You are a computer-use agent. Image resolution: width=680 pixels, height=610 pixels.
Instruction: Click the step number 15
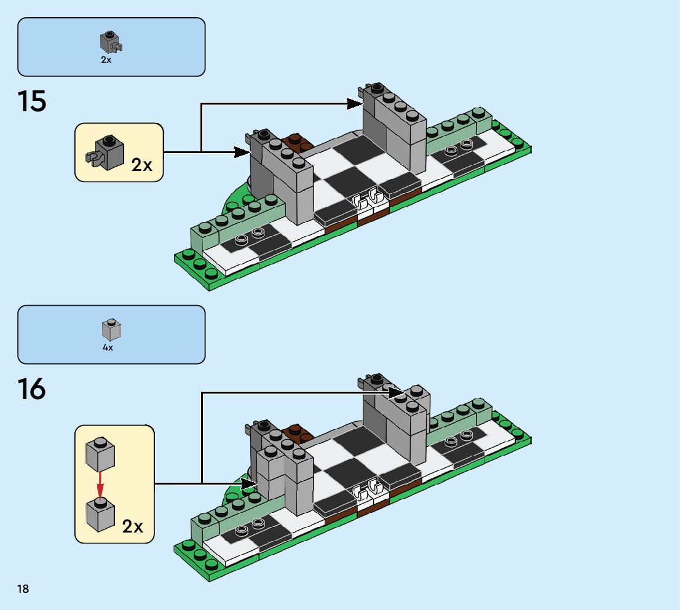pos(32,101)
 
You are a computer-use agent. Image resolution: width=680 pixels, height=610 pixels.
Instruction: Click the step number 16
pos(32,389)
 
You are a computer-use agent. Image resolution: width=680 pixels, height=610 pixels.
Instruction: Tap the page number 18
pos(23,589)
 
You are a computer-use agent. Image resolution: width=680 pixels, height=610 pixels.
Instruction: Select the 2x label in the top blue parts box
pos(106,60)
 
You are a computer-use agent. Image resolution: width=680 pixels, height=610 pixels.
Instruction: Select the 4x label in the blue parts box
pos(108,347)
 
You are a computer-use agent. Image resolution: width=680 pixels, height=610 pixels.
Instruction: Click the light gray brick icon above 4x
pos(111,330)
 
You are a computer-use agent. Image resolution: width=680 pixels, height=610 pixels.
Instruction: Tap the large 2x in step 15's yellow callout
pos(141,164)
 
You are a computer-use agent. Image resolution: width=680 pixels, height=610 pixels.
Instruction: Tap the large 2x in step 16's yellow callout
pos(133,526)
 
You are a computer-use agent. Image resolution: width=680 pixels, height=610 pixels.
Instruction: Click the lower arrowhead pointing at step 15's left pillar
pos(241,152)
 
